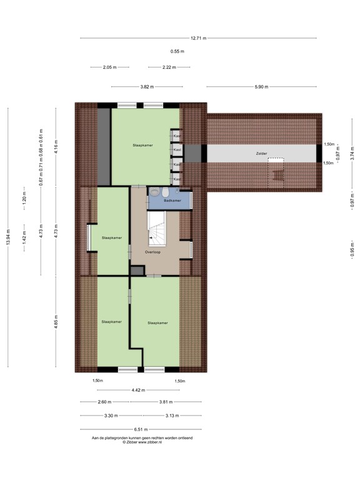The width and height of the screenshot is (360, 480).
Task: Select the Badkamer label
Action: [172, 201]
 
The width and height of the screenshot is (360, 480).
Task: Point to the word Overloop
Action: [153, 252]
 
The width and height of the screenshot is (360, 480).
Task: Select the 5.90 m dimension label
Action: [261, 87]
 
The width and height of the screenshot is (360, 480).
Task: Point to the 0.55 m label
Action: [177, 51]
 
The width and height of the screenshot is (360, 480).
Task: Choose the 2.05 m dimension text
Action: [110, 67]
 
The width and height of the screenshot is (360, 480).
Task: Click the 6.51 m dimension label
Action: [140, 429]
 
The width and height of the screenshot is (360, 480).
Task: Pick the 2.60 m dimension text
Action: [104, 402]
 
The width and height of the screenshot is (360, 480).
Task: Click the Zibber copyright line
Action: [142, 442]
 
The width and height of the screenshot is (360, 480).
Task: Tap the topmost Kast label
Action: [177, 136]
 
